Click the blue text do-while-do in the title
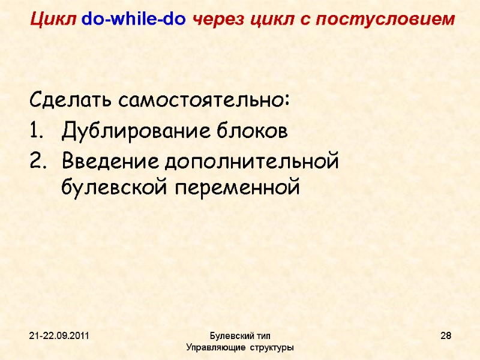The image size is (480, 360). click(x=134, y=20)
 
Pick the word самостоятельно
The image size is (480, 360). click(x=203, y=99)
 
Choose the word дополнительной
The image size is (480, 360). click(x=252, y=161)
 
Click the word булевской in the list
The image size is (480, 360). click(x=114, y=188)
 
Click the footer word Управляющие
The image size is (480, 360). click(x=214, y=347)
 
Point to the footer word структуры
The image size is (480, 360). click(x=273, y=347)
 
